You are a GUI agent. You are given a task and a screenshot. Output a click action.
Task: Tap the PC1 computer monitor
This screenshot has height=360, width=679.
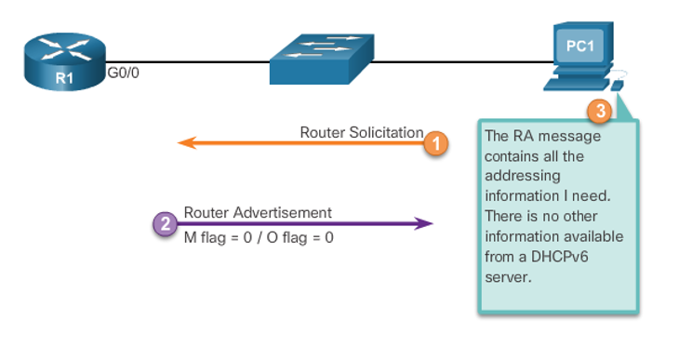coord(579,47)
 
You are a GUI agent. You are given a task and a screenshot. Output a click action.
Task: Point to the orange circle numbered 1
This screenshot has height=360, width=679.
coord(435,143)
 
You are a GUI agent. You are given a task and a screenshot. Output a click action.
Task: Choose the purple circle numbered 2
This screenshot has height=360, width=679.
coord(165,223)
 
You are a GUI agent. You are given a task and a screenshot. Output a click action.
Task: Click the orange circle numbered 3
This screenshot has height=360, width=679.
coord(600,112)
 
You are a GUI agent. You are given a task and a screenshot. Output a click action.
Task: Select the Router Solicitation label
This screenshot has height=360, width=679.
coord(361,132)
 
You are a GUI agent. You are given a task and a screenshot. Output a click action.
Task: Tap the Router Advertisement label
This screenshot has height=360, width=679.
coord(258,213)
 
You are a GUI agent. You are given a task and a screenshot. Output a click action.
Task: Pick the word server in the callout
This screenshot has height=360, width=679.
coord(505,276)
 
